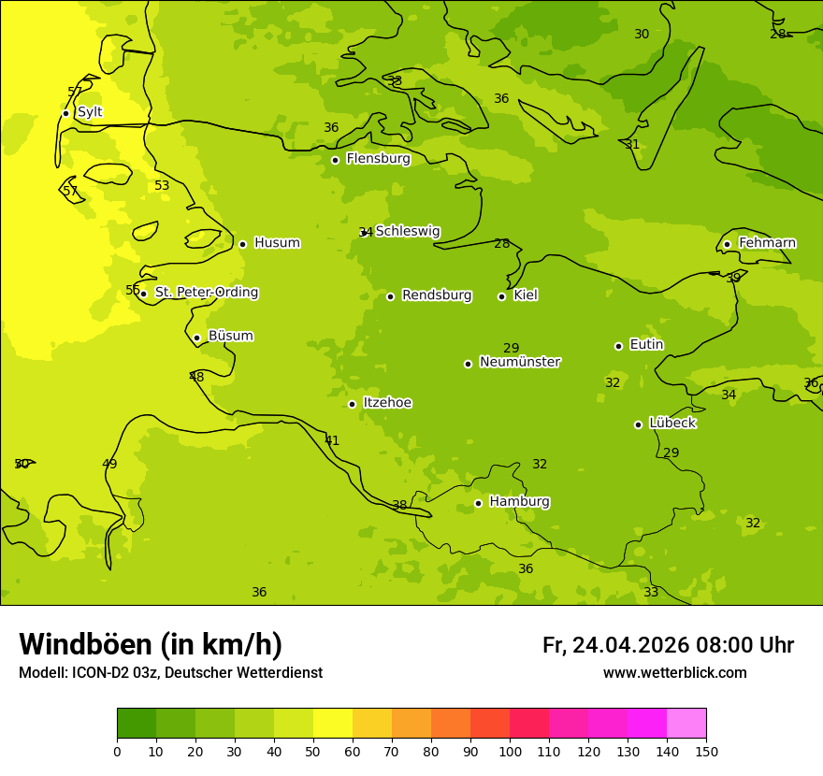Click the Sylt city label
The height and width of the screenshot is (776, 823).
90,112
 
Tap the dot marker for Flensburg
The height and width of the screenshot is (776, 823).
335,160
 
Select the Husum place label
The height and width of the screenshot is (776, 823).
277,243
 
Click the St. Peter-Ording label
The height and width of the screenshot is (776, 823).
206,293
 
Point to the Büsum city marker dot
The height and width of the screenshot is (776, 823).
196,338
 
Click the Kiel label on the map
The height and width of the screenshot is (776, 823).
525,295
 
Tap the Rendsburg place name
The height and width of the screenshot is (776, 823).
436,295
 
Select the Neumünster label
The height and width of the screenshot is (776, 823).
519,362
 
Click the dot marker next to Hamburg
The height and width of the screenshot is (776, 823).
478,503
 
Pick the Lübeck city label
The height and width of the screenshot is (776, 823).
671,424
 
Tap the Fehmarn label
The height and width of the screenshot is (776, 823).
767,243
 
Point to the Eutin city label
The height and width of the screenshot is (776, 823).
646,345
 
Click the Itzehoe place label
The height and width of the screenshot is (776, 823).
386,403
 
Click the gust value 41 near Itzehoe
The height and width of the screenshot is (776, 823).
332,440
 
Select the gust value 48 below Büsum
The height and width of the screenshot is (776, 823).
196,377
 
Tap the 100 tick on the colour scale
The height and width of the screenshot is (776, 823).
510,752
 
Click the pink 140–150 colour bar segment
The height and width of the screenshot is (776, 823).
686,724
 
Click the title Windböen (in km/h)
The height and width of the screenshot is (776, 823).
151,644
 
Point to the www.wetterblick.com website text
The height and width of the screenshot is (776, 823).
674,673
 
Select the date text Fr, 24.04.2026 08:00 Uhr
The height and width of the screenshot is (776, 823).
668,645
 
